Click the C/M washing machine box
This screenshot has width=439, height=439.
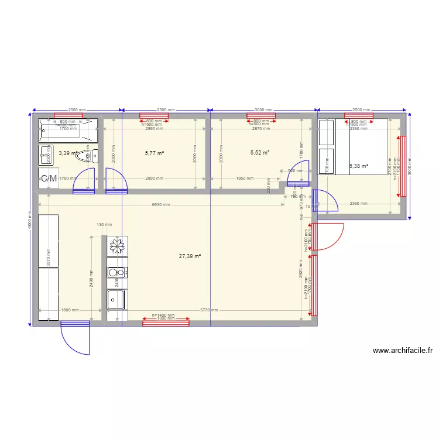pyautogui.click(x=49, y=178)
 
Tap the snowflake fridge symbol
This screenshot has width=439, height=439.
pyautogui.click(x=117, y=246)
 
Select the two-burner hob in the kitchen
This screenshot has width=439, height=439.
pyautogui.click(x=117, y=272)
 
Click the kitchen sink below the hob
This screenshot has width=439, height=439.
pyautogui.click(x=116, y=300)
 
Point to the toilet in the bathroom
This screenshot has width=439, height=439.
pyautogui.click(x=91, y=155)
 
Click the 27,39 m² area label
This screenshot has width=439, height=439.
pyautogui.click(x=190, y=256)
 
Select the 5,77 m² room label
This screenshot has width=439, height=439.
pyautogui.click(x=154, y=153)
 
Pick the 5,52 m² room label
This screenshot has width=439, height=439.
pyautogui.click(x=259, y=153)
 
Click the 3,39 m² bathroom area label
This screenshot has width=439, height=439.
pyautogui.click(x=67, y=153)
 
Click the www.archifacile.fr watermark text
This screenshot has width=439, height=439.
pyautogui.click(x=402, y=351)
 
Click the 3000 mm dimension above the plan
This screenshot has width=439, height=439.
pyautogui.click(x=263, y=109)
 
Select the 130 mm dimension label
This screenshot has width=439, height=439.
pyautogui.click(x=104, y=225)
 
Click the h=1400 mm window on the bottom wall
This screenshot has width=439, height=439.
pyautogui.click(x=166, y=321)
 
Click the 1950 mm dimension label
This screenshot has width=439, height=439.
pyautogui.click(x=245, y=179)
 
